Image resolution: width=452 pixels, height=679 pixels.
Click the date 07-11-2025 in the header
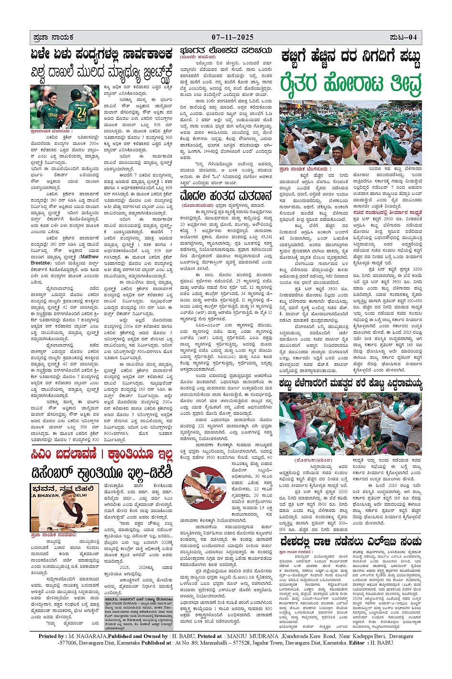232,37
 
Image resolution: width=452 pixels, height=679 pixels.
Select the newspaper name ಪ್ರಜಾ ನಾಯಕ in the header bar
53,37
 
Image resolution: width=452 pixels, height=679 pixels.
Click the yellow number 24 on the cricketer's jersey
82,112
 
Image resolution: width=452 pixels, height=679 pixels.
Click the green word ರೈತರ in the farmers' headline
299,83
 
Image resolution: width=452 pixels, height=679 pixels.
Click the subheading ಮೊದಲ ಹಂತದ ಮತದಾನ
226,196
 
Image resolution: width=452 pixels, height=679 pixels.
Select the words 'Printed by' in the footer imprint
53,636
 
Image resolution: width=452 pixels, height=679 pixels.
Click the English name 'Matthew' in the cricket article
89,257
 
